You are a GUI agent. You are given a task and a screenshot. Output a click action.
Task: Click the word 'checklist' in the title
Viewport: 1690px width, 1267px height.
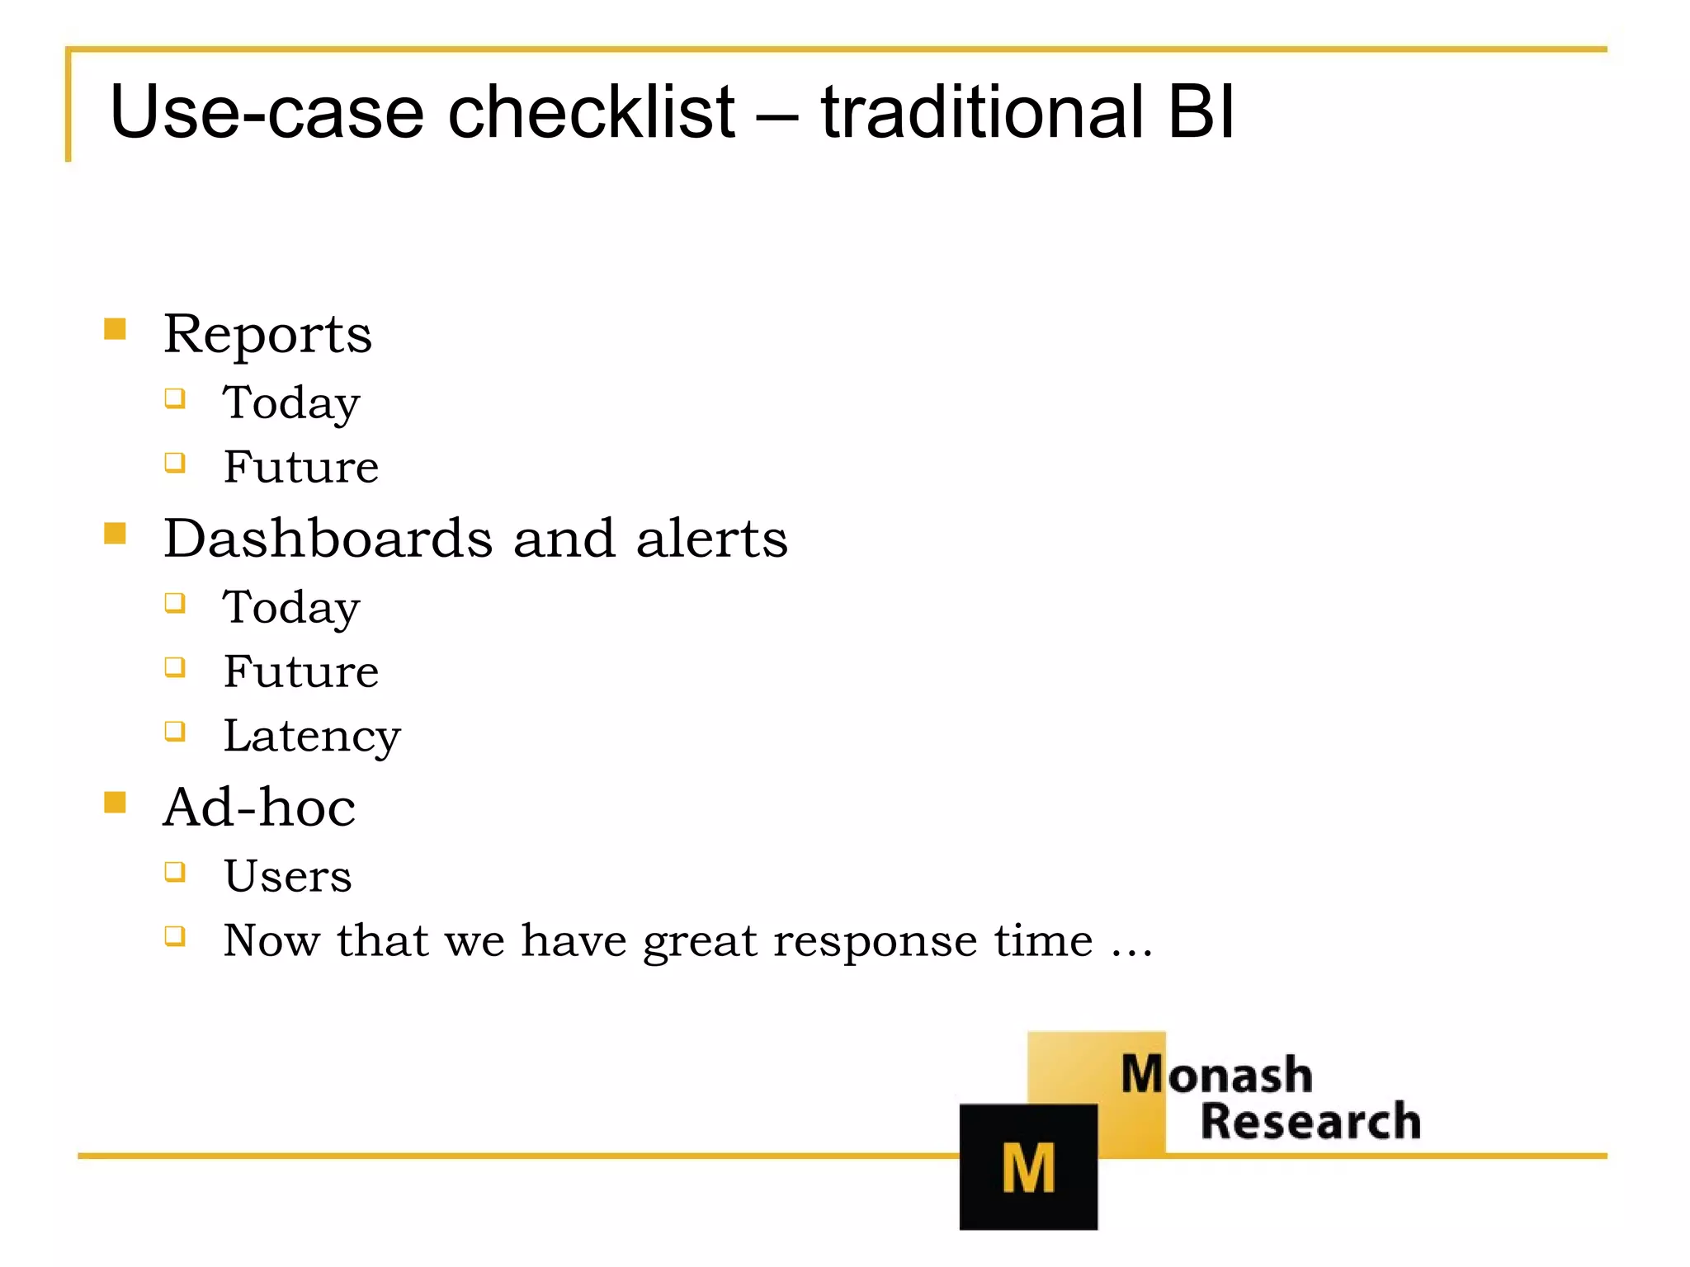[591, 112]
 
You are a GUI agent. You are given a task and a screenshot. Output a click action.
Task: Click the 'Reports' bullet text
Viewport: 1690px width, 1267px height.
[267, 335]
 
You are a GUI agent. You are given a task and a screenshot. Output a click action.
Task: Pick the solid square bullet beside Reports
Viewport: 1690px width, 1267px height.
[115, 329]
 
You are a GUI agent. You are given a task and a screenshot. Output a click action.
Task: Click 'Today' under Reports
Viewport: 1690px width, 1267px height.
[291, 404]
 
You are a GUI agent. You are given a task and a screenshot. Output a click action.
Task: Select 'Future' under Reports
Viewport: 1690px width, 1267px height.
[301, 468]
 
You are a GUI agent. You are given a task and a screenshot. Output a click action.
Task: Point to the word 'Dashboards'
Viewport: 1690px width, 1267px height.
[328, 539]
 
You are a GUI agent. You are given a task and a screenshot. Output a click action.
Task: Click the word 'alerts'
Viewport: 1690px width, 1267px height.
[711, 539]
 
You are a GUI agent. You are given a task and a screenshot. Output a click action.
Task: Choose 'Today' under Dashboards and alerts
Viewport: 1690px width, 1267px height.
[291, 609]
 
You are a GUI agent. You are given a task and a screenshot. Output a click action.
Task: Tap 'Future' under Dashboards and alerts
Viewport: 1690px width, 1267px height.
[301, 671]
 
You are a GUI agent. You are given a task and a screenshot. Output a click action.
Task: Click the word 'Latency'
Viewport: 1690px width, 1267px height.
[312, 736]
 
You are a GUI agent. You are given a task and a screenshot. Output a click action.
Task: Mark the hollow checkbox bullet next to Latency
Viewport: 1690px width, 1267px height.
[175, 731]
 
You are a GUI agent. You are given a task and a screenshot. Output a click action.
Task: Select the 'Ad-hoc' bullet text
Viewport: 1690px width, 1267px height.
[259, 808]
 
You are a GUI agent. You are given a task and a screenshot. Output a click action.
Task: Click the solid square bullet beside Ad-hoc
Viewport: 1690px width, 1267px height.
[115, 802]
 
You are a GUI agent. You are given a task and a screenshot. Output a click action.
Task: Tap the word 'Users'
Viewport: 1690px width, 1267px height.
[287, 876]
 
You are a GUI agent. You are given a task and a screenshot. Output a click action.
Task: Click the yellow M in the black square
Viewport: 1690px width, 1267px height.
[1028, 1168]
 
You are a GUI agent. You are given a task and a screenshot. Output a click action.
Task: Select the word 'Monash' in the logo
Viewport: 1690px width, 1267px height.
[1216, 1075]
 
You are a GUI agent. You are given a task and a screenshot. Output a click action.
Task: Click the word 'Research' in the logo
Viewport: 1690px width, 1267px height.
[1310, 1122]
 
